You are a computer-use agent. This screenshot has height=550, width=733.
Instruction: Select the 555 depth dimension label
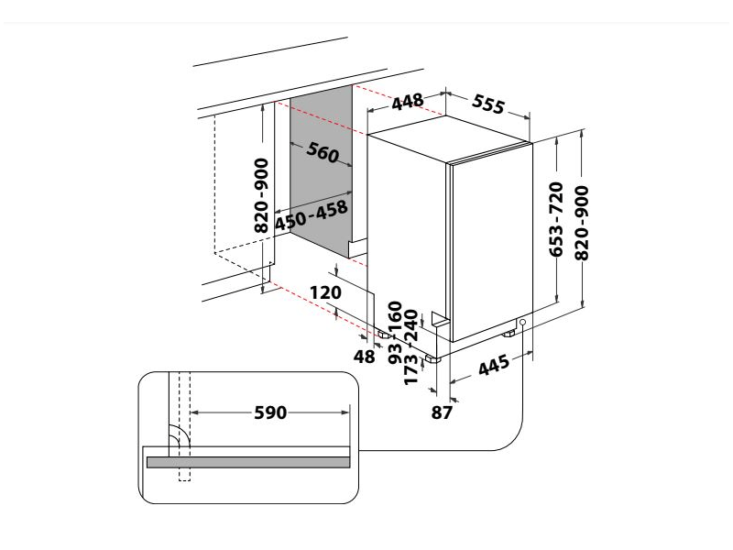(488, 104)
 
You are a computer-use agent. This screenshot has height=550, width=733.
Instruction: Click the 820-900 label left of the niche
(261, 195)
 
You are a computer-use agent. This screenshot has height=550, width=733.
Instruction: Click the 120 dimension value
(325, 292)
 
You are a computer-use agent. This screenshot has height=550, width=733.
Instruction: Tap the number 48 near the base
(365, 357)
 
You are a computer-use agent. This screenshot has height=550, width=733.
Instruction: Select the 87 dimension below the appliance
(443, 412)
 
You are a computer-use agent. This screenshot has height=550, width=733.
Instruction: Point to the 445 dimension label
(493, 368)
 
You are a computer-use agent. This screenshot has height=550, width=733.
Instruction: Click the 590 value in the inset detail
(270, 413)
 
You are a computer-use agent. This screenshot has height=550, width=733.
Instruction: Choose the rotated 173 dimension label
(411, 368)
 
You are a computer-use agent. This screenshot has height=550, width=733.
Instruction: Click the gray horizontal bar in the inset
(247, 463)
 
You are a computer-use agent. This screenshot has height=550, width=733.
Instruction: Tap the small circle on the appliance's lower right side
(520, 323)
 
